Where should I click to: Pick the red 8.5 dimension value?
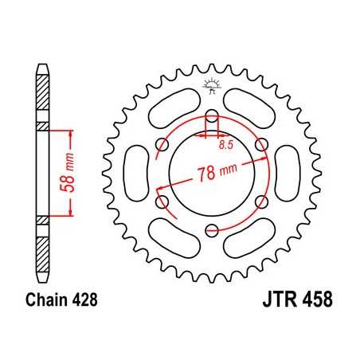[226, 145]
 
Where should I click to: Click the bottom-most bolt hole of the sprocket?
[211, 231]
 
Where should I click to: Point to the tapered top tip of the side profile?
[42, 63]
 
